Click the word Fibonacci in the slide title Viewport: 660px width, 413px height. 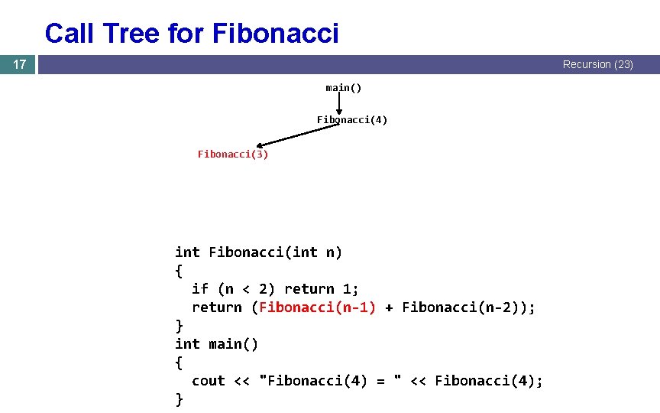[x=275, y=34]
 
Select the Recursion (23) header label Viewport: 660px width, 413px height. [x=597, y=65]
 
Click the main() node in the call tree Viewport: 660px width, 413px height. [x=344, y=88]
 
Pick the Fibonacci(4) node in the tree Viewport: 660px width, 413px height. [x=352, y=120]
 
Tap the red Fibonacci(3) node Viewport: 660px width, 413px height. [x=233, y=154]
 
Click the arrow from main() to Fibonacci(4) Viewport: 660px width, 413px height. [x=338, y=103]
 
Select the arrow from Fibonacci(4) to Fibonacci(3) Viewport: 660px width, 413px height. [x=298, y=135]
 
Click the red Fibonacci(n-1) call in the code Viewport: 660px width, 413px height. [x=318, y=307]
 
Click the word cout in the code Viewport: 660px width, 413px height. [x=209, y=381]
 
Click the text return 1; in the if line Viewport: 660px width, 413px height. [x=322, y=289]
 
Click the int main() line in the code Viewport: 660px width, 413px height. [x=216, y=344]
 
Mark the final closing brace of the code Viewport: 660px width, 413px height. [x=180, y=399]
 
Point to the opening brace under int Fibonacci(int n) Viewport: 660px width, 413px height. [x=180, y=271]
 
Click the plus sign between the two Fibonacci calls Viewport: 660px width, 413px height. [x=389, y=307]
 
